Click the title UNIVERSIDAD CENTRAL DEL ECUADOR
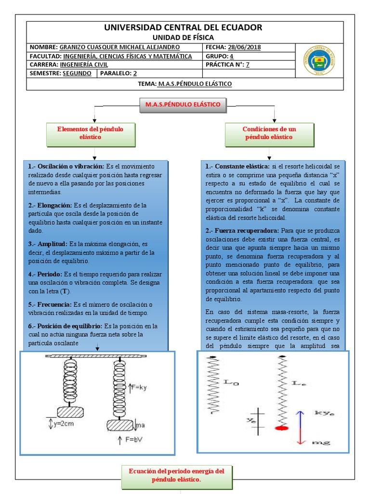[184, 27]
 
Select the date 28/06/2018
[244, 47]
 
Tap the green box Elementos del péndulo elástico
[90, 134]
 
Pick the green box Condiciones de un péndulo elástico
[269, 134]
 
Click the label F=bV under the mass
[137, 440]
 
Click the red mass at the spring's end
[281, 427]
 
